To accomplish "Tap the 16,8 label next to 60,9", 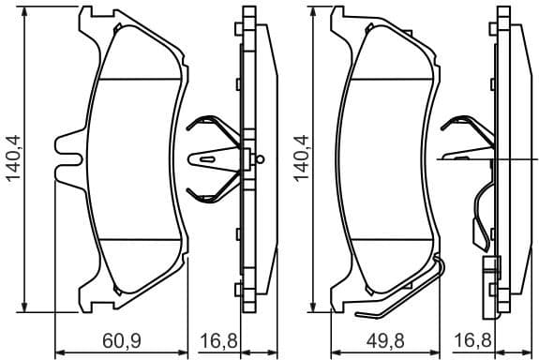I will [218, 340].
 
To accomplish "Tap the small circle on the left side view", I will [261, 157].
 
